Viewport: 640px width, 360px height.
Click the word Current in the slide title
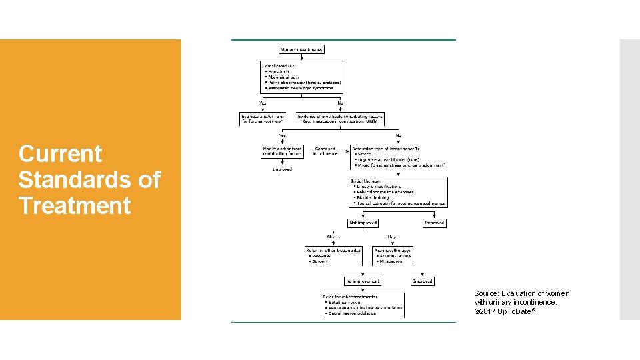coord(60,154)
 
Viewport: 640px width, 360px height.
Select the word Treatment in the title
coord(75,205)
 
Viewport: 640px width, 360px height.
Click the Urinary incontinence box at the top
coord(301,49)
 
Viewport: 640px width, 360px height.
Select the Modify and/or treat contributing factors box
coord(283,151)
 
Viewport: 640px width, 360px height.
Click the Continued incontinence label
coord(325,151)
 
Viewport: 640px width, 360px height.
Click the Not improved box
coord(363,223)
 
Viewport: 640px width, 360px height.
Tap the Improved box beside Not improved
coord(435,223)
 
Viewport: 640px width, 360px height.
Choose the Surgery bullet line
coord(321,261)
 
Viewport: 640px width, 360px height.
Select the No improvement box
coord(362,281)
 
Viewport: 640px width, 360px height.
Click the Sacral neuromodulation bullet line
coord(353,313)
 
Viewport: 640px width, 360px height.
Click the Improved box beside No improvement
coord(423,281)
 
